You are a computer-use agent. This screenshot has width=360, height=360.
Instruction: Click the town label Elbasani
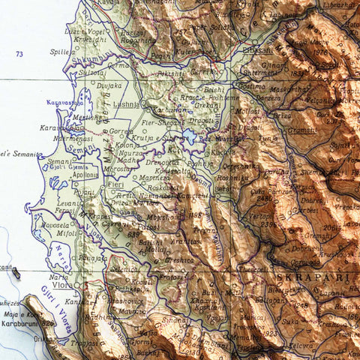[x=258, y=49]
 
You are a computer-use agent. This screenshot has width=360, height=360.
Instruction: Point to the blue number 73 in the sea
[x=19, y=54]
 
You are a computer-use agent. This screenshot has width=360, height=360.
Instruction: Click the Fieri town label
[x=115, y=184]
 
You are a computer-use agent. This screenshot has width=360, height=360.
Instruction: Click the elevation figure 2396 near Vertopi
[x=268, y=224]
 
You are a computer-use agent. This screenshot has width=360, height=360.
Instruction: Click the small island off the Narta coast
[x=16, y=274]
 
